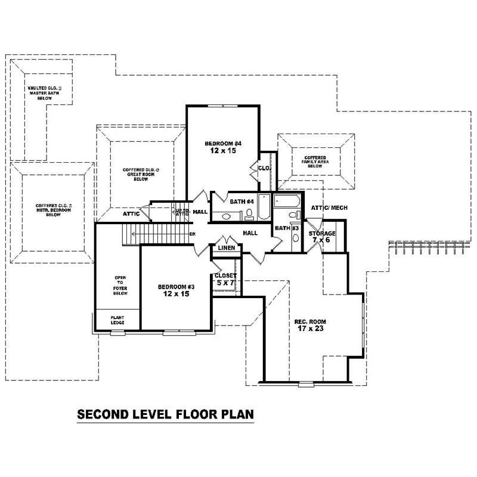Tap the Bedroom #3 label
pyautogui.click(x=176, y=290)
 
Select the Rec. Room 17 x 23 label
pyautogui.click(x=311, y=325)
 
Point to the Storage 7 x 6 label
pyautogui.click(x=322, y=236)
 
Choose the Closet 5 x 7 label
pyautogui.click(x=225, y=279)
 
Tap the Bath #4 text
pyautogui.click(x=243, y=202)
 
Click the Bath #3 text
pyautogui.click(x=283, y=228)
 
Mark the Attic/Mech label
pyautogui.click(x=329, y=207)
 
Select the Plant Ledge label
pyautogui.click(x=117, y=320)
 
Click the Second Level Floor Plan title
pyautogui.click(x=166, y=413)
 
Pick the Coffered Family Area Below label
pyautogui.click(x=315, y=162)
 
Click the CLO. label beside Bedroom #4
pyautogui.click(x=264, y=169)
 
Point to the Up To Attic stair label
pyautogui.click(x=181, y=212)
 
